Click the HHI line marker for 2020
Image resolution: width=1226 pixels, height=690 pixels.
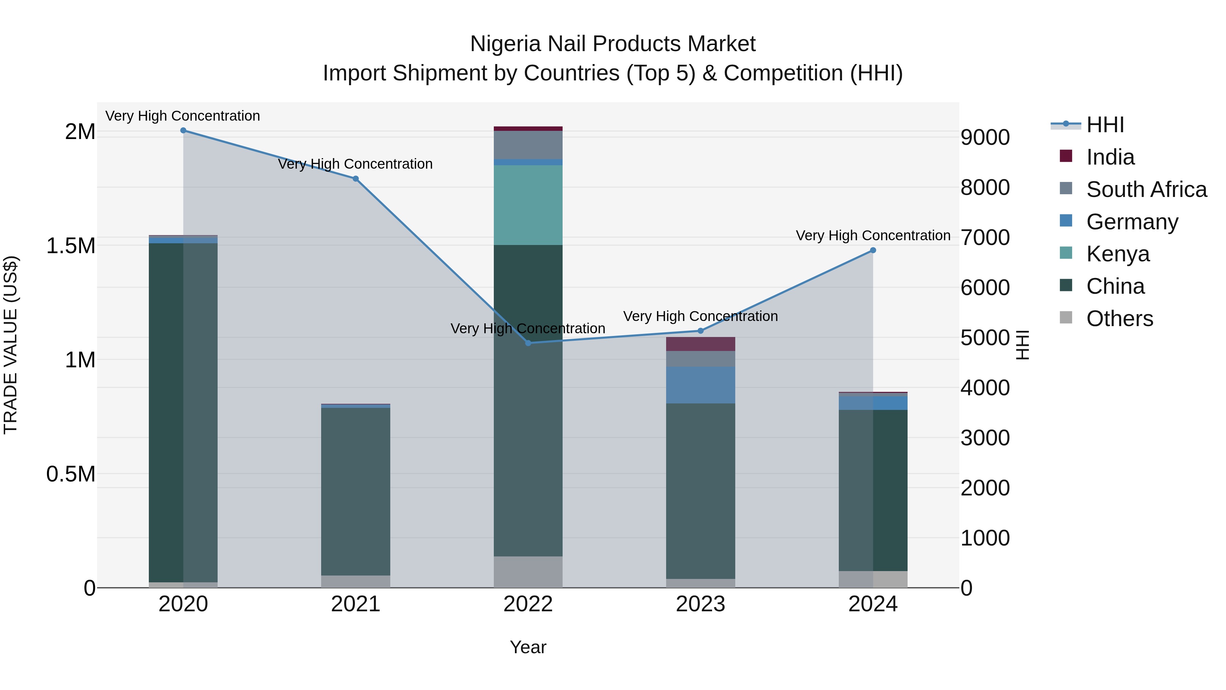pyautogui.click(x=183, y=131)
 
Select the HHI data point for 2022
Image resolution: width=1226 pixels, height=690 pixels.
pyautogui.click(x=528, y=343)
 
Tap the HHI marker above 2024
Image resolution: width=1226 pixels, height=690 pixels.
pyautogui.click(x=873, y=250)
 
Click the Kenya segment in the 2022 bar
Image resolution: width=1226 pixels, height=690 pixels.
pyautogui.click(x=528, y=205)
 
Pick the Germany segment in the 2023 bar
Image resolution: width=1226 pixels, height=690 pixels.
pyautogui.click(x=700, y=385)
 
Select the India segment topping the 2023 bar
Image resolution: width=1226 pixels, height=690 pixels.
pyautogui.click(x=700, y=344)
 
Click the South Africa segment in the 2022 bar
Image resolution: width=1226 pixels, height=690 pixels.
pyautogui.click(x=528, y=145)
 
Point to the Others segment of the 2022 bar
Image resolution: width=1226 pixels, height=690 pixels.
pyautogui.click(x=528, y=571)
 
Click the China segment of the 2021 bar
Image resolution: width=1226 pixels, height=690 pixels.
pyautogui.click(x=356, y=490)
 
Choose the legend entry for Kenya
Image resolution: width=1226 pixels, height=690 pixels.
pyautogui.click(x=1117, y=254)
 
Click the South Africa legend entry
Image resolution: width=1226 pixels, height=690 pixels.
pyautogui.click(x=1146, y=189)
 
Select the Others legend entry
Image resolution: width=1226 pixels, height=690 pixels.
pyautogui.click(x=1119, y=319)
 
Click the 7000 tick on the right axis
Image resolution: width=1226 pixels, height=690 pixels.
pyautogui.click(x=985, y=237)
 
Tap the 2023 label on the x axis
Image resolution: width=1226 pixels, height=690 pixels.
pyautogui.click(x=700, y=604)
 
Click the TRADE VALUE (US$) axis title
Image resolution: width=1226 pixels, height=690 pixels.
pyautogui.click(x=11, y=345)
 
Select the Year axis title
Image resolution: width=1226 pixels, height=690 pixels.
pyautogui.click(x=528, y=647)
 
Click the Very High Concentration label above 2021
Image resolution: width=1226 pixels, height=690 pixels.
pyautogui.click(x=355, y=164)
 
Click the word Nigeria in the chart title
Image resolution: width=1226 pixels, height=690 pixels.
pyautogui.click(x=505, y=44)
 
